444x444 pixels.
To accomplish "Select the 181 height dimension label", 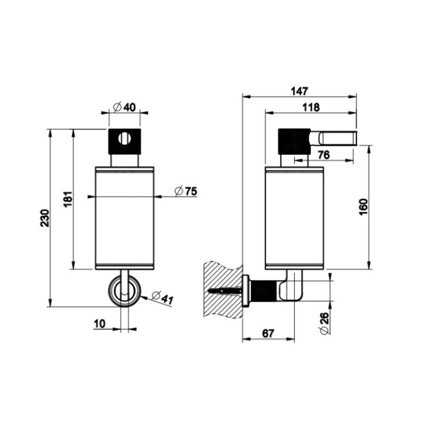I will [x=68, y=199].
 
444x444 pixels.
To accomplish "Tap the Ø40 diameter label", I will [x=125, y=107].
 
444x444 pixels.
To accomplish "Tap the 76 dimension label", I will [x=323, y=154].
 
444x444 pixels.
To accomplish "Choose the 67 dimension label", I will [x=268, y=333].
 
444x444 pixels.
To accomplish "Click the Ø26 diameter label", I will [x=326, y=321].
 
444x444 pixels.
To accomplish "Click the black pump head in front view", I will [x=125, y=141].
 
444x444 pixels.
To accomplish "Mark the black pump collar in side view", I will [x=294, y=141].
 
